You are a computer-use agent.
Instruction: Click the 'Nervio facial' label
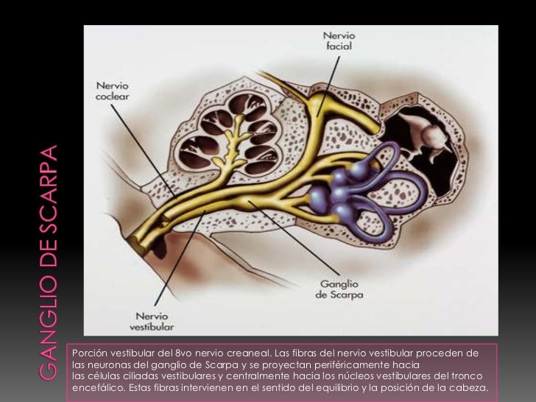(339, 40)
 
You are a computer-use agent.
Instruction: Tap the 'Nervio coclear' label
(113, 91)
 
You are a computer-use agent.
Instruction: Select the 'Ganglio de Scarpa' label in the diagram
(339, 289)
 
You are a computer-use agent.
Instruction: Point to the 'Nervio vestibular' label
(152, 321)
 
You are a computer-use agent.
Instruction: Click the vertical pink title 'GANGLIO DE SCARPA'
(48, 263)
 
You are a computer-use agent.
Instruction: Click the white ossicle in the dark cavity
(426, 134)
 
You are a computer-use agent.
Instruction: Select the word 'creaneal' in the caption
(249, 353)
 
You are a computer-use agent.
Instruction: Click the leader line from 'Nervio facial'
(328, 86)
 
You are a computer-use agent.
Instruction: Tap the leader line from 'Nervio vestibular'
(180, 258)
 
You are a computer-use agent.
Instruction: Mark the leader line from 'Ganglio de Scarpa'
(294, 238)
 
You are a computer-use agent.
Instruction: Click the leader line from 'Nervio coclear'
(144, 151)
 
